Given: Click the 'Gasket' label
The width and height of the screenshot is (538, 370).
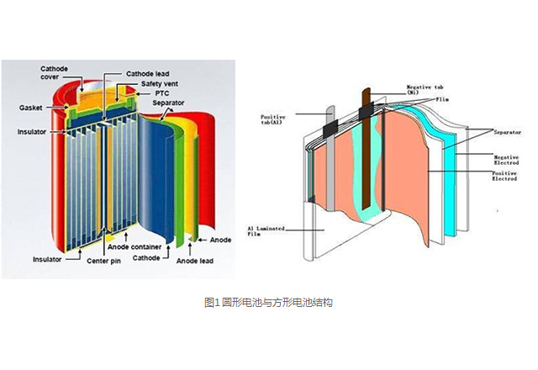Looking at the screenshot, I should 32,108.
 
